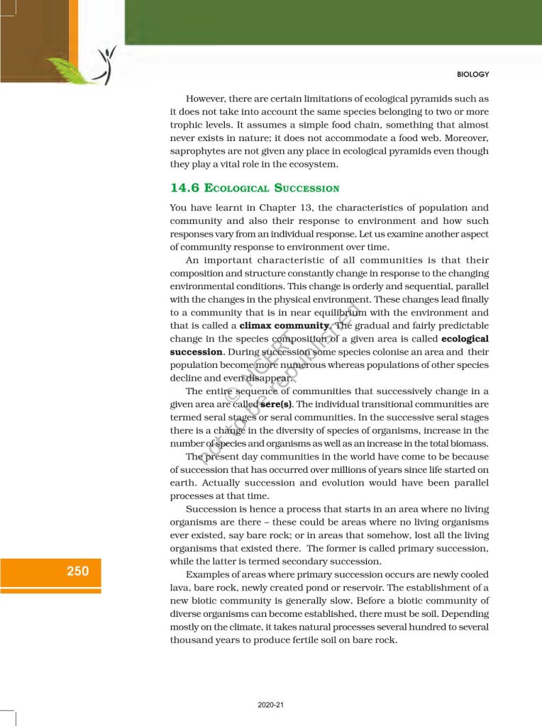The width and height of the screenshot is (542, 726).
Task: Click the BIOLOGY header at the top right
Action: click(x=474, y=74)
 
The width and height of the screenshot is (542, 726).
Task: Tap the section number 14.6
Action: click(x=184, y=188)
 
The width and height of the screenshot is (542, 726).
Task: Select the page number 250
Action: click(x=78, y=571)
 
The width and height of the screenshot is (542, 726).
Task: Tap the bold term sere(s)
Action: click(x=274, y=404)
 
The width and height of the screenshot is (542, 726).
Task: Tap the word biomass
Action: click(x=468, y=443)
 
